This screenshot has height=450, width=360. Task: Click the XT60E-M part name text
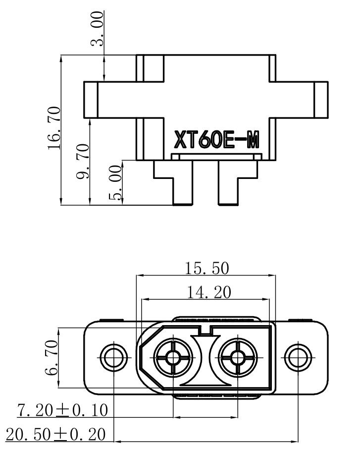click(x=216, y=140)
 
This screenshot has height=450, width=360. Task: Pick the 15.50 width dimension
click(x=207, y=268)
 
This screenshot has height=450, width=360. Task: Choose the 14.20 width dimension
click(x=208, y=292)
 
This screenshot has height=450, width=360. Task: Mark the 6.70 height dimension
click(x=51, y=357)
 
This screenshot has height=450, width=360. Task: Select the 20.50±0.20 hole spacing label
click(x=55, y=435)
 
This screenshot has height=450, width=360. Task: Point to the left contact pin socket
click(x=173, y=356)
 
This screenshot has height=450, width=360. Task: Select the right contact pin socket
click(x=238, y=356)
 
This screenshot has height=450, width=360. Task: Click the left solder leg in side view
click(x=181, y=188)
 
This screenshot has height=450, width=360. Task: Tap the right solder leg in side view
click(x=228, y=188)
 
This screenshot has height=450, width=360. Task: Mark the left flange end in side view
click(x=90, y=100)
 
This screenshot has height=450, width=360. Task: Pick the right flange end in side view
click(x=320, y=100)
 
